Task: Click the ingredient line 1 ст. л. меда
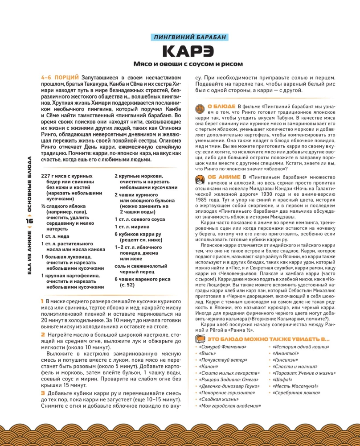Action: tap(56, 236)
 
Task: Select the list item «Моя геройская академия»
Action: tap(230, 405)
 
